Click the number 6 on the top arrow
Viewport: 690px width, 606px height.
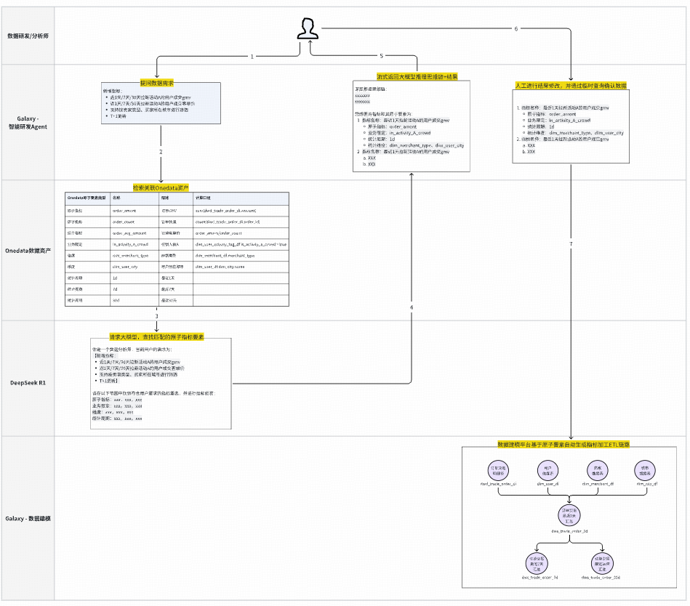pyautogui.click(x=516, y=29)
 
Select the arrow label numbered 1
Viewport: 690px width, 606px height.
pyautogui.click(x=252, y=56)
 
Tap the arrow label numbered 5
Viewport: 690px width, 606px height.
pyautogui.click(x=381, y=56)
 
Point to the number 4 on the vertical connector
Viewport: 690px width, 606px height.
pyautogui.click(x=412, y=308)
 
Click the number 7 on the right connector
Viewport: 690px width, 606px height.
pyautogui.click(x=571, y=243)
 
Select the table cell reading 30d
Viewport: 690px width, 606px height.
pyautogui.click(x=116, y=299)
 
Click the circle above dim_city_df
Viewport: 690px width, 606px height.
pyautogui.click(x=644, y=469)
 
